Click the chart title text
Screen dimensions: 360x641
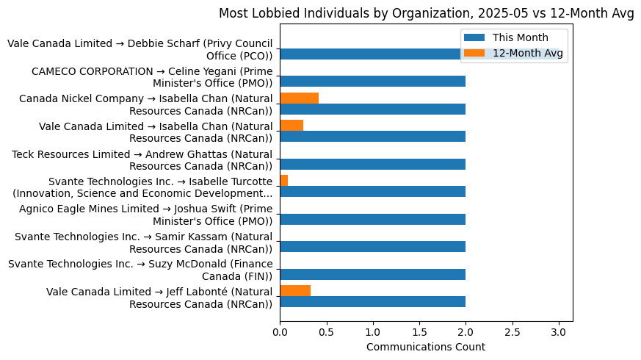click(426, 13)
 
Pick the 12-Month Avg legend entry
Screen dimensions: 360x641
click(527, 53)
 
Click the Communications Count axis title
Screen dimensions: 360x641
click(426, 347)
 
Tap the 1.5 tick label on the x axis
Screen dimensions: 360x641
click(419, 332)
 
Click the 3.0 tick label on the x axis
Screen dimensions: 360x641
click(559, 332)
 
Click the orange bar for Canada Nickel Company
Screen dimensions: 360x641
click(299, 98)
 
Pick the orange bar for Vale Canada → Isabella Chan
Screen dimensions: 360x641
click(291, 126)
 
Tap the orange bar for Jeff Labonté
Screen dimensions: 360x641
click(295, 291)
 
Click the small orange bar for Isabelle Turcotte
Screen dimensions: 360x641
click(283, 181)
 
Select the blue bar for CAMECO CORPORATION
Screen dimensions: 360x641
click(372, 82)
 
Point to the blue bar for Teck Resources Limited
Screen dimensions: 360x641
click(372, 164)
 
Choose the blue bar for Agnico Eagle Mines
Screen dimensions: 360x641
click(372, 219)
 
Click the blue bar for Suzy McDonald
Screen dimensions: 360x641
click(372, 274)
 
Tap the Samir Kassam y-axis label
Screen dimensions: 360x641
click(143, 242)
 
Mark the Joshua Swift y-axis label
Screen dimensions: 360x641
click(145, 215)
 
